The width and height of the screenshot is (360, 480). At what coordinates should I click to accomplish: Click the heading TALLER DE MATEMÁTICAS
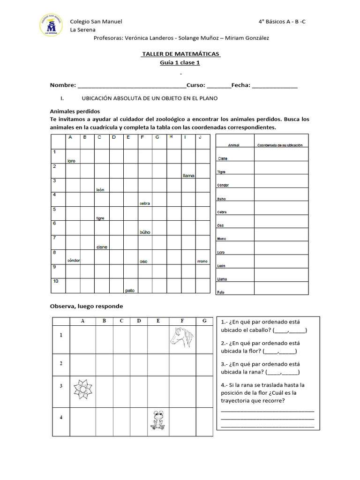[181, 54]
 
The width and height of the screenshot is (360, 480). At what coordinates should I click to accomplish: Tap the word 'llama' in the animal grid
[188, 176]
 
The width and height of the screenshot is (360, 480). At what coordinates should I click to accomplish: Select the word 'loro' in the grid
[71, 161]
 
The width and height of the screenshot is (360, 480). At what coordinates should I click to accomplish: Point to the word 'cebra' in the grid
[144, 203]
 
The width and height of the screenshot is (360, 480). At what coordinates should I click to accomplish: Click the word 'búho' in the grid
[145, 232]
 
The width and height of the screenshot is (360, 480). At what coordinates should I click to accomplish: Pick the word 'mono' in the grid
[202, 261]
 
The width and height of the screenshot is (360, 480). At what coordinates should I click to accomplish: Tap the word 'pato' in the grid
[130, 291]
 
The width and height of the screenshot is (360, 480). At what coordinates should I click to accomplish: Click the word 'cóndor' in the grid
[74, 261]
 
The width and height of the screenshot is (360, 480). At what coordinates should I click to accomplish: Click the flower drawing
[83, 390]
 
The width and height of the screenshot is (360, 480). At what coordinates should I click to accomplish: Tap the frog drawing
[158, 420]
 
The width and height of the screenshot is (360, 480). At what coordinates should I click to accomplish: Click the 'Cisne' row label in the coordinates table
[223, 158]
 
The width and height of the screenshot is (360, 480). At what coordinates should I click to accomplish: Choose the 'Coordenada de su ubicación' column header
[280, 145]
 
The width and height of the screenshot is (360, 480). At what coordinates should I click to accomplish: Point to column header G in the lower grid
[204, 321]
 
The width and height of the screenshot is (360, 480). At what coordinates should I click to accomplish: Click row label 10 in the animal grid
[56, 281]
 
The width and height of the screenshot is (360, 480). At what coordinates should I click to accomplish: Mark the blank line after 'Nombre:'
[132, 86]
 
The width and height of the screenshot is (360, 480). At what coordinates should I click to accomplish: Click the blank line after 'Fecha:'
[275, 86]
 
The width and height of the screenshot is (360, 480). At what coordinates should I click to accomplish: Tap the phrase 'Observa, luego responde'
[86, 306]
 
